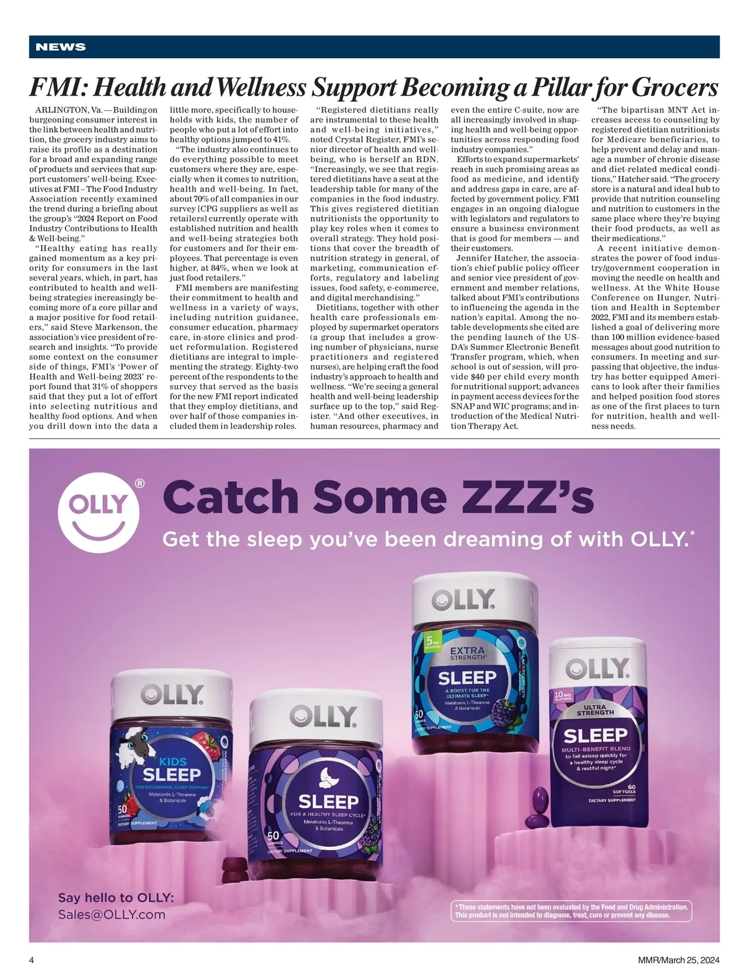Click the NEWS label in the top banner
[x=61, y=47]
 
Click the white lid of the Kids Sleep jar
[x=172, y=693]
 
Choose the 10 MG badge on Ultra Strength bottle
[x=564, y=695]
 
